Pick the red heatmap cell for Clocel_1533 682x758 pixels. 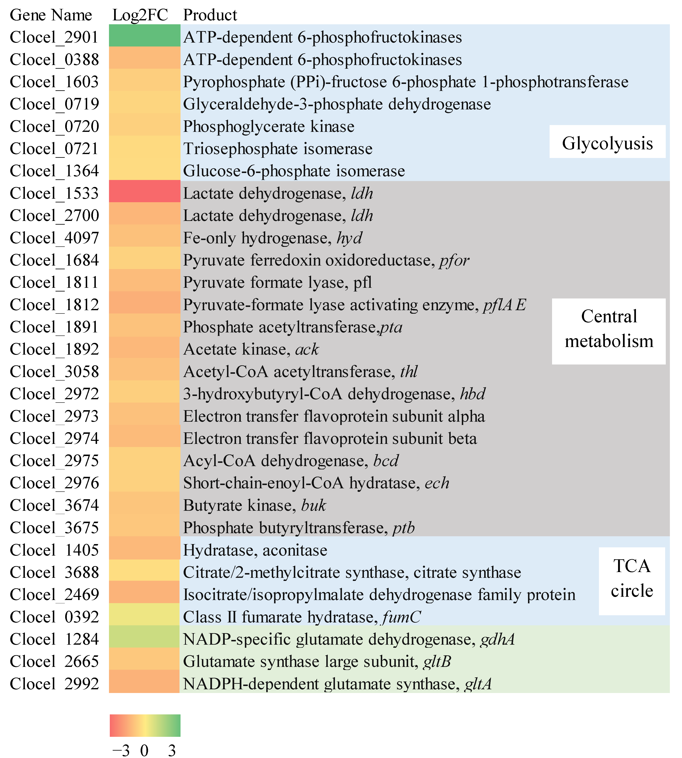click(x=145, y=192)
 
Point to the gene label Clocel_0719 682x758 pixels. click(x=54, y=104)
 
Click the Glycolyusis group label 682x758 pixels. click(x=607, y=143)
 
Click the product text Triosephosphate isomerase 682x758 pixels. click(x=278, y=149)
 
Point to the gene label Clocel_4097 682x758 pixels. click(x=54, y=238)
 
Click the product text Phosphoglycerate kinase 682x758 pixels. click(x=268, y=127)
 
